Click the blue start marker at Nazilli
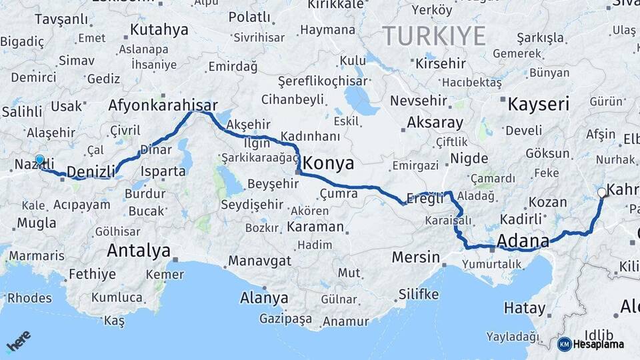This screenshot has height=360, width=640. coord(40,160)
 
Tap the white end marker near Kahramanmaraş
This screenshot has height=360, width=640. coord(602,193)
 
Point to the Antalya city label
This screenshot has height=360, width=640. coord(139,251)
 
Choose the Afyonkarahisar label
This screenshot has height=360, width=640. coord(163,105)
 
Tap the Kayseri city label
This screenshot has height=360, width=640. coord(538,104)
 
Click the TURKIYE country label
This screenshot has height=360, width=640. coord(433,36)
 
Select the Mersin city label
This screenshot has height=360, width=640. coord(416,257)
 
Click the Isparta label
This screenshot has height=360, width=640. coord(163,170)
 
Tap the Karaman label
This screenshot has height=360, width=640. coord(316,227)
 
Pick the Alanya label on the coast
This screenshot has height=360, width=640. coord(264,297)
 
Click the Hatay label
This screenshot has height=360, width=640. coord(524,308)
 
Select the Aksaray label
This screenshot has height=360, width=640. coord(434,123)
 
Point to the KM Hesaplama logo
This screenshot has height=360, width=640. coord(591,344)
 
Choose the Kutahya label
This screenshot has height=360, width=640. coord(159,30)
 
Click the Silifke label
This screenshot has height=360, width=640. coord(418,293)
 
